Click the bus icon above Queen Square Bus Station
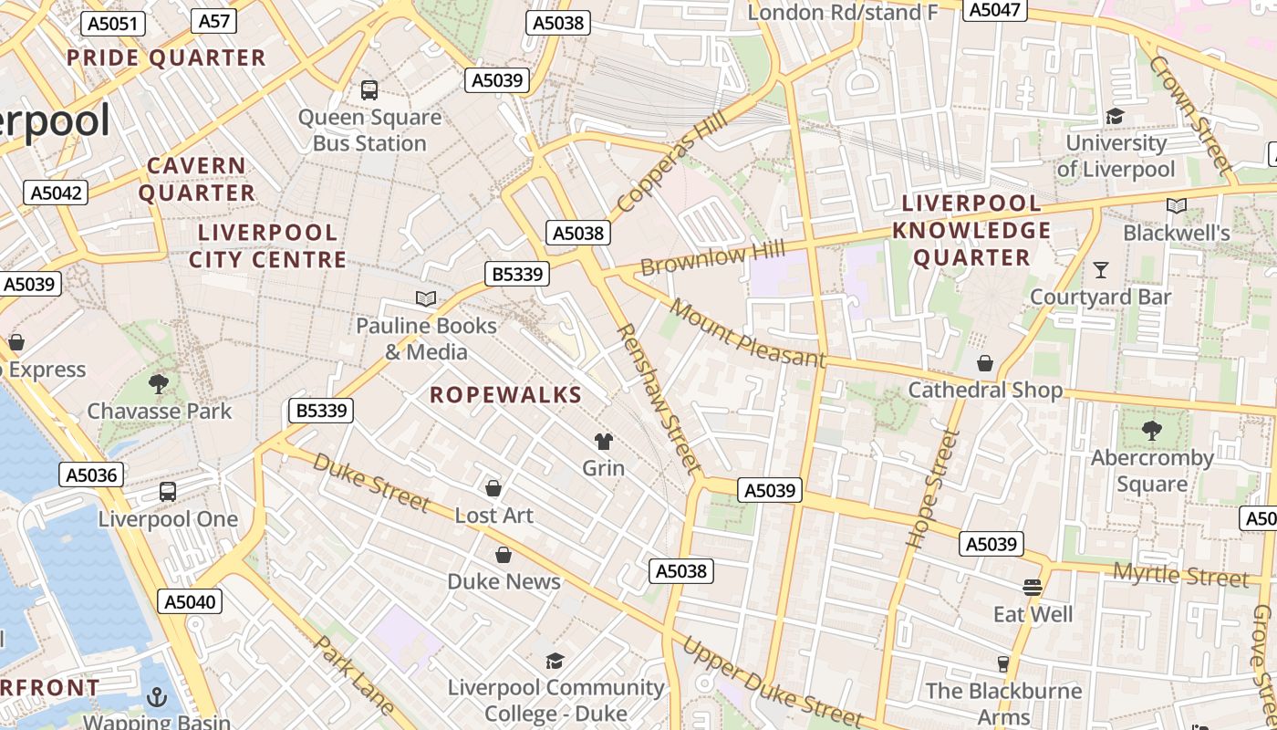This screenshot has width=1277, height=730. point(369,89)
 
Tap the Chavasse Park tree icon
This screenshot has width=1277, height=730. point(160,383)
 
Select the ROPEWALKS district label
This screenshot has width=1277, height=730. point(505,394)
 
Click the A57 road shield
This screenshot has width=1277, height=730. point(213,21)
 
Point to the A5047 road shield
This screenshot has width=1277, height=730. point(995,9)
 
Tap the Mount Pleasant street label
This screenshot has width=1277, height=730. point(747,331)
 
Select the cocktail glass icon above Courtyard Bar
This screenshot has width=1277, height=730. point(1101,269)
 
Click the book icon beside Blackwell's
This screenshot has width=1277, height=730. point(1177,206)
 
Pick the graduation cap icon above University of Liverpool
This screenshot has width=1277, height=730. point(1115,116)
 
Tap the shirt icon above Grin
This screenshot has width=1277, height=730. point(603,442)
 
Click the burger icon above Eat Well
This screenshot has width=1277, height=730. point(1033,587)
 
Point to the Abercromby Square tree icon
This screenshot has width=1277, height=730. point(1152,430)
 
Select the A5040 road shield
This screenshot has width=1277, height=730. point(189,601)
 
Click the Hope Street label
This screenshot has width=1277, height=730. point(931,488)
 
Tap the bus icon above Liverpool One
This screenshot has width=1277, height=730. point(168,492)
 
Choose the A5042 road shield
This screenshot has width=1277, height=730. point(57,193)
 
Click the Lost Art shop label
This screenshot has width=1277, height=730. point(493,516)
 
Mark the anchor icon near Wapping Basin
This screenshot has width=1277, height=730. point(157,698)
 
